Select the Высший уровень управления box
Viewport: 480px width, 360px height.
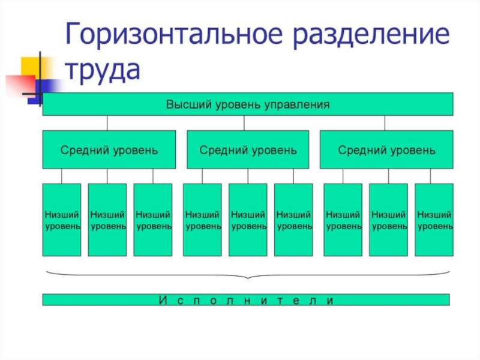247,104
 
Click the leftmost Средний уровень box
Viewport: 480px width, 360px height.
109,149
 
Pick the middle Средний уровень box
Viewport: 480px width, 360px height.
248,149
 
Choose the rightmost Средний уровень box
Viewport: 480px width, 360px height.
386,149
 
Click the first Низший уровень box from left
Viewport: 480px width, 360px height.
62,220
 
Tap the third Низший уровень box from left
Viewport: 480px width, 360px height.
153,220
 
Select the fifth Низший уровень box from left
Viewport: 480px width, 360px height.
248,220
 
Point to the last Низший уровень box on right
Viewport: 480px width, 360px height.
434,220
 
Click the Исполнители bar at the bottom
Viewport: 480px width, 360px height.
246,299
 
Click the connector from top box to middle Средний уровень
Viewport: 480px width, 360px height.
244,123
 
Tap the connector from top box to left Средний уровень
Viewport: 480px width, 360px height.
107,123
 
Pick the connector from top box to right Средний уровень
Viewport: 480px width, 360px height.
385,123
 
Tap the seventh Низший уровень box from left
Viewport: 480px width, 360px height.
343,220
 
